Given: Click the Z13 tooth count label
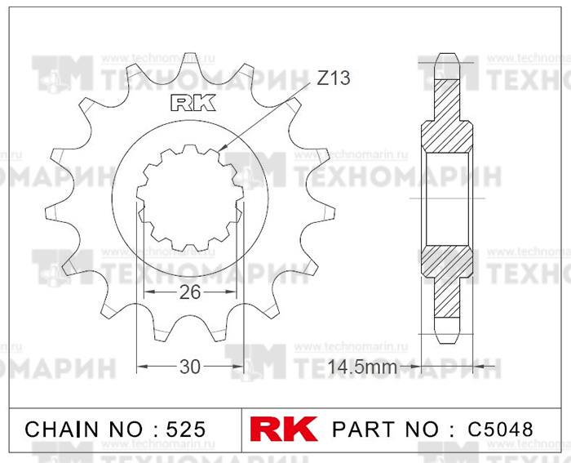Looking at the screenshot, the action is [333, 78].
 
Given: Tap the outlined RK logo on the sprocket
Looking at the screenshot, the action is [193, 103].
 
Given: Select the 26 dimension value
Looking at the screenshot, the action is [190, 292].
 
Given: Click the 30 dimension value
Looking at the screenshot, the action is [190, 367].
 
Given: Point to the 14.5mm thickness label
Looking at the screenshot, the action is [362, 367].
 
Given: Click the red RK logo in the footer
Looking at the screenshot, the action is [284, 429].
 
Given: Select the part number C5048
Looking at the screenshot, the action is [500, 429].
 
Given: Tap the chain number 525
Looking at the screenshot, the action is [186, 429].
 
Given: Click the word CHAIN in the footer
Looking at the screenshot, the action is [61, 429].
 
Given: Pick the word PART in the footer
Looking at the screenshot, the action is [364, 429].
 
